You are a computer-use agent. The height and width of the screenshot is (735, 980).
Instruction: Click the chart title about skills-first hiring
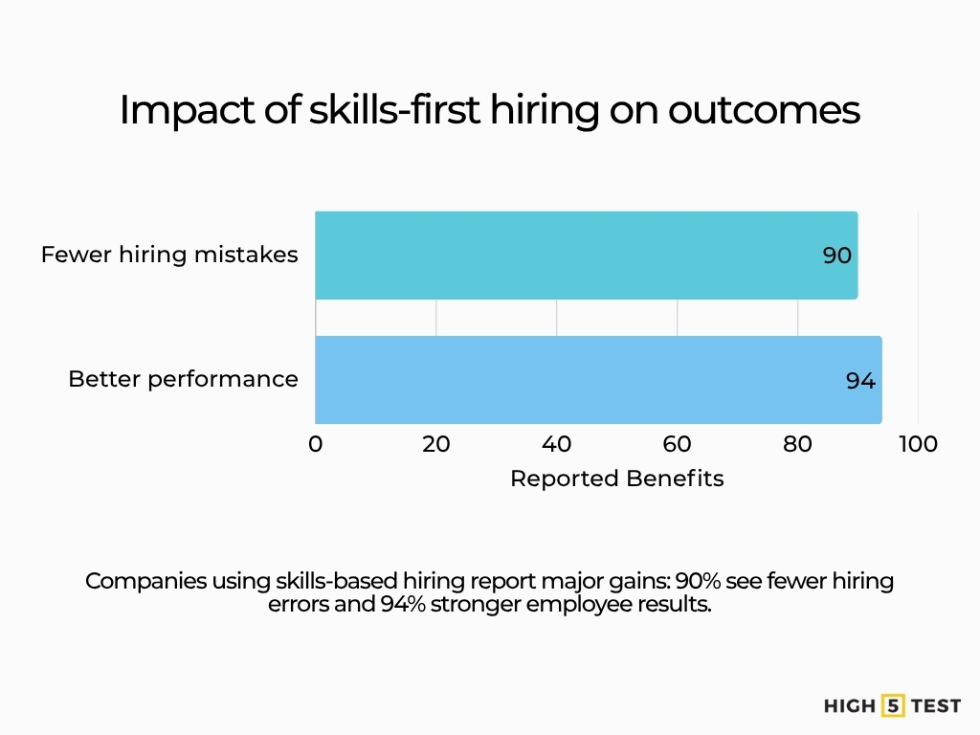pos(489,110)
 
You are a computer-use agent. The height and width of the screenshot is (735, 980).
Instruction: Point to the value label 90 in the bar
pos(837,256)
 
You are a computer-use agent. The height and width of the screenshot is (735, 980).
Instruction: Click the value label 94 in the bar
pos(860,380)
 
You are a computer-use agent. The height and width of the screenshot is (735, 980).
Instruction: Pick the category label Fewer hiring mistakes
pos(169,255)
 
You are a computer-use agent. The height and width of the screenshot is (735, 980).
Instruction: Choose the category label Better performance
pos(183,379)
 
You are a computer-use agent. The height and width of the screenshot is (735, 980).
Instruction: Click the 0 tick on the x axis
pos(316,444)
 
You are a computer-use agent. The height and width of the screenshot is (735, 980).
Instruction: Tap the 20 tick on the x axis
pos(436,444)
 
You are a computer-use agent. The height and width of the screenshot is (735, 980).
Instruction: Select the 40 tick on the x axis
pos(557,444)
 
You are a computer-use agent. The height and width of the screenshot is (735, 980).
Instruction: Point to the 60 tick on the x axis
pos(678,444)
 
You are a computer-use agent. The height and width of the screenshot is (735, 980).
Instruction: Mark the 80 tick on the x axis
pos(798,444)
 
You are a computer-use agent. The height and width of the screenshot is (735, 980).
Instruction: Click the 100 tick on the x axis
pos(919,444)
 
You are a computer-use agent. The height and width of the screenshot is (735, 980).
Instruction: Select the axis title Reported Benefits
pos(616,479)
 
